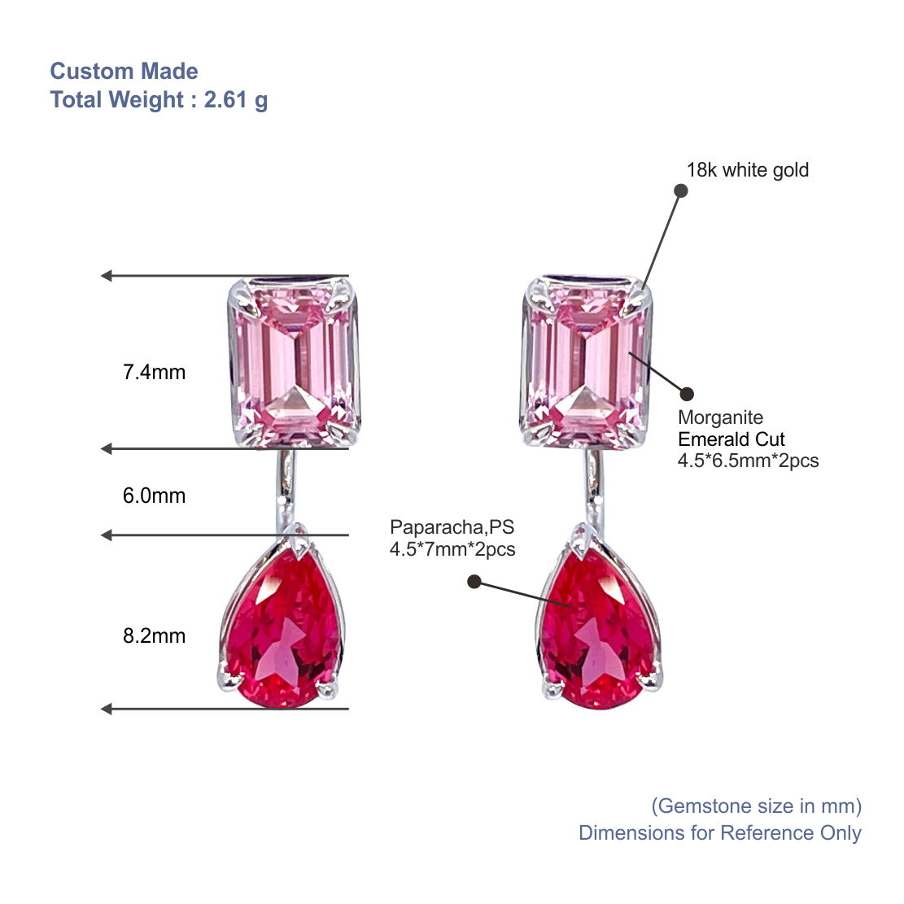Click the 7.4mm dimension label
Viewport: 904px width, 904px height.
(x=154, y=373)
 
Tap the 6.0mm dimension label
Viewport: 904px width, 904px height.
(x=154, y=496)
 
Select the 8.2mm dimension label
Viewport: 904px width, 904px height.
(x=154, y=636)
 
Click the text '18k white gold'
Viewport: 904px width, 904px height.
(x=747, y=170)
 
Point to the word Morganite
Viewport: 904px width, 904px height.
(x=720, y=417)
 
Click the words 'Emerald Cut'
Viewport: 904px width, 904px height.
(x=731, y=439)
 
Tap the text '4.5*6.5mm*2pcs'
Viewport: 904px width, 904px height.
(x=748, y=461)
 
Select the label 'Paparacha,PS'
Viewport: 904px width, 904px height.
(x=452, y=527)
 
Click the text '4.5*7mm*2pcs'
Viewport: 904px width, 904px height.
(x=452, y=549)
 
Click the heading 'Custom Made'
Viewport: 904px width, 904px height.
(x=124, y=71)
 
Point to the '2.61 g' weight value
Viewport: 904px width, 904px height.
(x=236, y=100)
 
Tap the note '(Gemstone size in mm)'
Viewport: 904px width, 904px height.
(x=757, y=806)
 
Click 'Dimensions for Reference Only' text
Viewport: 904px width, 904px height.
(x=720, y=833)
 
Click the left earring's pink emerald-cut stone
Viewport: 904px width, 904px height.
(x=295, y=363)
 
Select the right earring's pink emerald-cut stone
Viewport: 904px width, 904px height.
(x=587, y=363)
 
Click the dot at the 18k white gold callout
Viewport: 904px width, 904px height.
(x=681, y=191)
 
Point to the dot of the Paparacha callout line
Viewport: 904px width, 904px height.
(x=474, y=582)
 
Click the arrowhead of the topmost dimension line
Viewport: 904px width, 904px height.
(x=106, y=276)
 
